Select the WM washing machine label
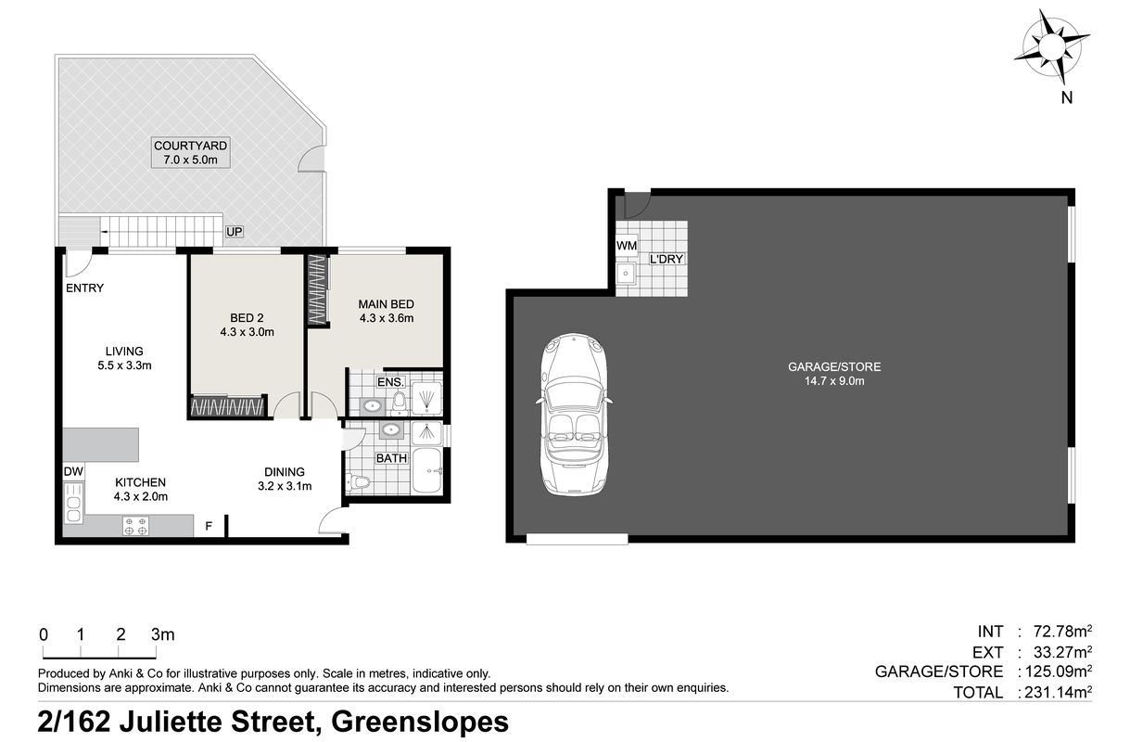[626, 245]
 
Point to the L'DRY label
[666, 259]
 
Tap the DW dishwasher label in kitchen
[73, 472]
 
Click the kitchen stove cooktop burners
[135, 526]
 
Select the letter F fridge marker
[209, 527]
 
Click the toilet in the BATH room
[359, 483]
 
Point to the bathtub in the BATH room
[426, 472]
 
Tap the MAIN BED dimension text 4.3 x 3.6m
[386, 318]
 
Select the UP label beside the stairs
[233, 231]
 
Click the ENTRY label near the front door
[84, 288]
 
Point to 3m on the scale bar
[162, 635]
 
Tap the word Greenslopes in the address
[420, 721]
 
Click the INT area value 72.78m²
[1058, 632]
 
